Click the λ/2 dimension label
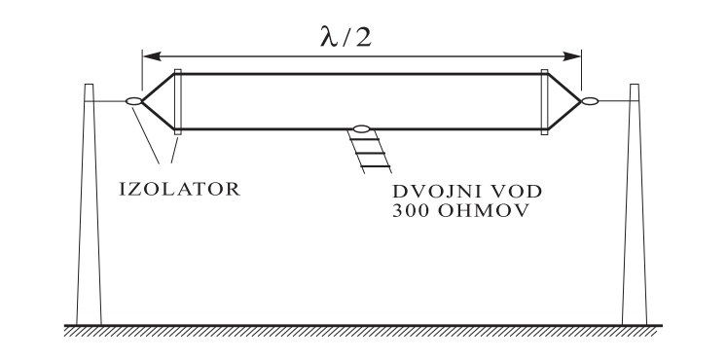pos(345,37)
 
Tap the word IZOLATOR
pos(180,190)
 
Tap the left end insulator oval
pos(134,101)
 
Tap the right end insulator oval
pos(590,101)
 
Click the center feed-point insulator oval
pos(362,128)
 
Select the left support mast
pos(89,204)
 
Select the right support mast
pos(635,204)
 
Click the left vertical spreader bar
pos(177,102)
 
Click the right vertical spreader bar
pos(544,102)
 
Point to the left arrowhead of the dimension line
pos(152,56)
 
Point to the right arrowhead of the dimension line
pos(571,56)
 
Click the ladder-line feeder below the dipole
pos(370,153)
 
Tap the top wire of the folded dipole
pos(361,74)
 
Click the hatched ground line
pos(363,331)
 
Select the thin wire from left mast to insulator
pos(109,101)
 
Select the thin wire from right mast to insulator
pos(614,101)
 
